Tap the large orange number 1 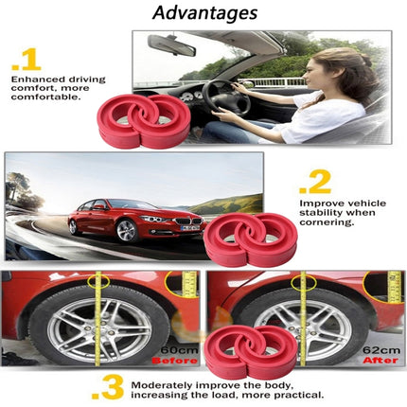pos(27,60)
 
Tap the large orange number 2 pos(317,179)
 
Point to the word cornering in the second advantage pos(327,223)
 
